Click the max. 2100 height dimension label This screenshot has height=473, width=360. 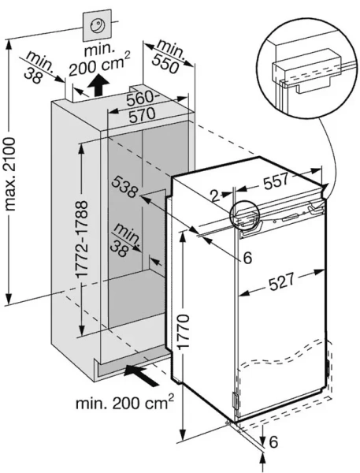(x=10, y=174)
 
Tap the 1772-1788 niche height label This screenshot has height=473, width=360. (x=81, y=239)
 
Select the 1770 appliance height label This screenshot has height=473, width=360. (x=183, y=331)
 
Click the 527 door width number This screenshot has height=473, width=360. (x=281, y=282)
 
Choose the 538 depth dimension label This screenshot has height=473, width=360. (x=124, y=188)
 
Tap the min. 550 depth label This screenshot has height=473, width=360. (x=169, y=56)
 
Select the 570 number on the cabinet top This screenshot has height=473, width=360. (x=142, y=114)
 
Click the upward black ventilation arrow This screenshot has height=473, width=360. (x=99, y=85)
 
